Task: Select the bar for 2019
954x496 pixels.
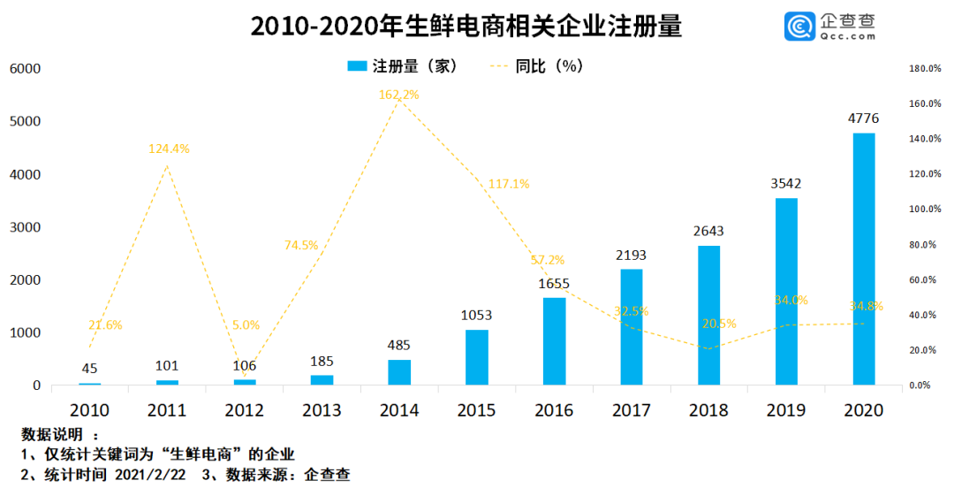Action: [786, 292]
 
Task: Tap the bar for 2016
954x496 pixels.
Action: [554, 341]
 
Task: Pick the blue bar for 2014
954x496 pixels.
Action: [399, 372]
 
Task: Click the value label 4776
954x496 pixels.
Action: [863, 118]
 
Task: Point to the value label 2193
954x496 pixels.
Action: [631, 255]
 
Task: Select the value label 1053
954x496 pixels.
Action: [476, 315]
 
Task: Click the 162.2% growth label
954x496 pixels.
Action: [399, 94]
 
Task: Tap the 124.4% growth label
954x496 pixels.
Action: [168, 149]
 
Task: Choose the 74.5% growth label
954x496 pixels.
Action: [301, 245]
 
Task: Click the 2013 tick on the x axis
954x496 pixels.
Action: [322, 410]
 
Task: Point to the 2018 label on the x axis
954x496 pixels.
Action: [708, 410]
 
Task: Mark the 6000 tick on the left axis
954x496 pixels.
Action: [24, 68]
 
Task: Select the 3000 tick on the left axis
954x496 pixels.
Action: [24, 227]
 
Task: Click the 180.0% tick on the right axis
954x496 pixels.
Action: [924, 68]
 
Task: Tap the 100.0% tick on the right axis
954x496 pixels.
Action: [924, 210]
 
